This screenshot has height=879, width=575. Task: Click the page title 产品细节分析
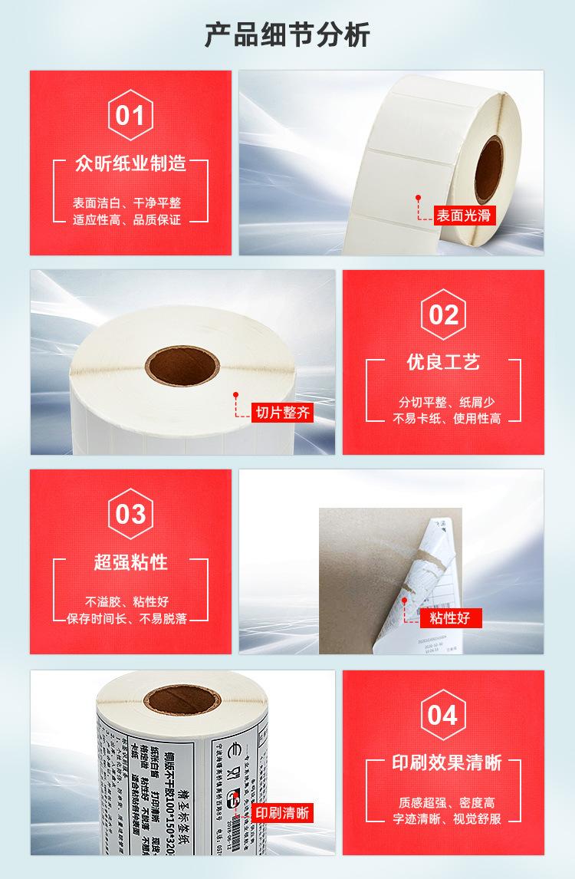[287, 35]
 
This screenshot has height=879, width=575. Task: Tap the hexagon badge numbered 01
[130, 115]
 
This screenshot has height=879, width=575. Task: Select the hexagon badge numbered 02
[444, 314]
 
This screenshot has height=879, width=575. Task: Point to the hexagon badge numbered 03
[130, 514]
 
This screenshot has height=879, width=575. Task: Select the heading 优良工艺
[443, 362]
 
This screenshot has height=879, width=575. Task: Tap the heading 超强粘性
[130, 562]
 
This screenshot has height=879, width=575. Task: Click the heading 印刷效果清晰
[442, 762]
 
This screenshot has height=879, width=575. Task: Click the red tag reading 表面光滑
[465, 216]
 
